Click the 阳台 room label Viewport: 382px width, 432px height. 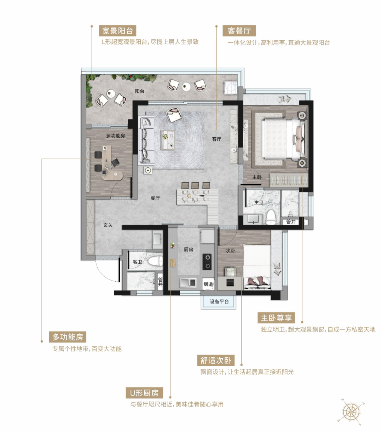point(140,91)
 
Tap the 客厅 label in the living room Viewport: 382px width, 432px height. point(216,139)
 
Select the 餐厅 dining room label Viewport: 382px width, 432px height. point(155,198)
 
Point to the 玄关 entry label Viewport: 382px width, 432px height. point(108,225)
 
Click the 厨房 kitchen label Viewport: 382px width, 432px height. point(189,249)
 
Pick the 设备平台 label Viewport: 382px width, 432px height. point(219,301)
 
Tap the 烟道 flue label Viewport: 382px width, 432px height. point(208,284)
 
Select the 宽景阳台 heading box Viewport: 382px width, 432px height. point(117,31)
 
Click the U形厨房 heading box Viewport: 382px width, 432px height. point(144,393)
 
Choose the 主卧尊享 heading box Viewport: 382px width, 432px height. point(276,318)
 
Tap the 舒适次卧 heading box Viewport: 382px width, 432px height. point(216,361)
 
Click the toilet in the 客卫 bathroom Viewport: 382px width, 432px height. point(155,261)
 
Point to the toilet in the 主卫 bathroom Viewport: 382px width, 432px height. point(271,217)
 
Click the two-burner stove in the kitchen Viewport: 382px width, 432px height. point(207,261)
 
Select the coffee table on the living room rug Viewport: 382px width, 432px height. point(168,140)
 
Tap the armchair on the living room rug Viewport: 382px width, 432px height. point(174,114)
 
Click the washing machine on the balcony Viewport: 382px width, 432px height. point(231,87)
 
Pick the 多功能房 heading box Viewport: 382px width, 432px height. point(68,337)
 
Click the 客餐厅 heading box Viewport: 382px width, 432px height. point(239,31)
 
